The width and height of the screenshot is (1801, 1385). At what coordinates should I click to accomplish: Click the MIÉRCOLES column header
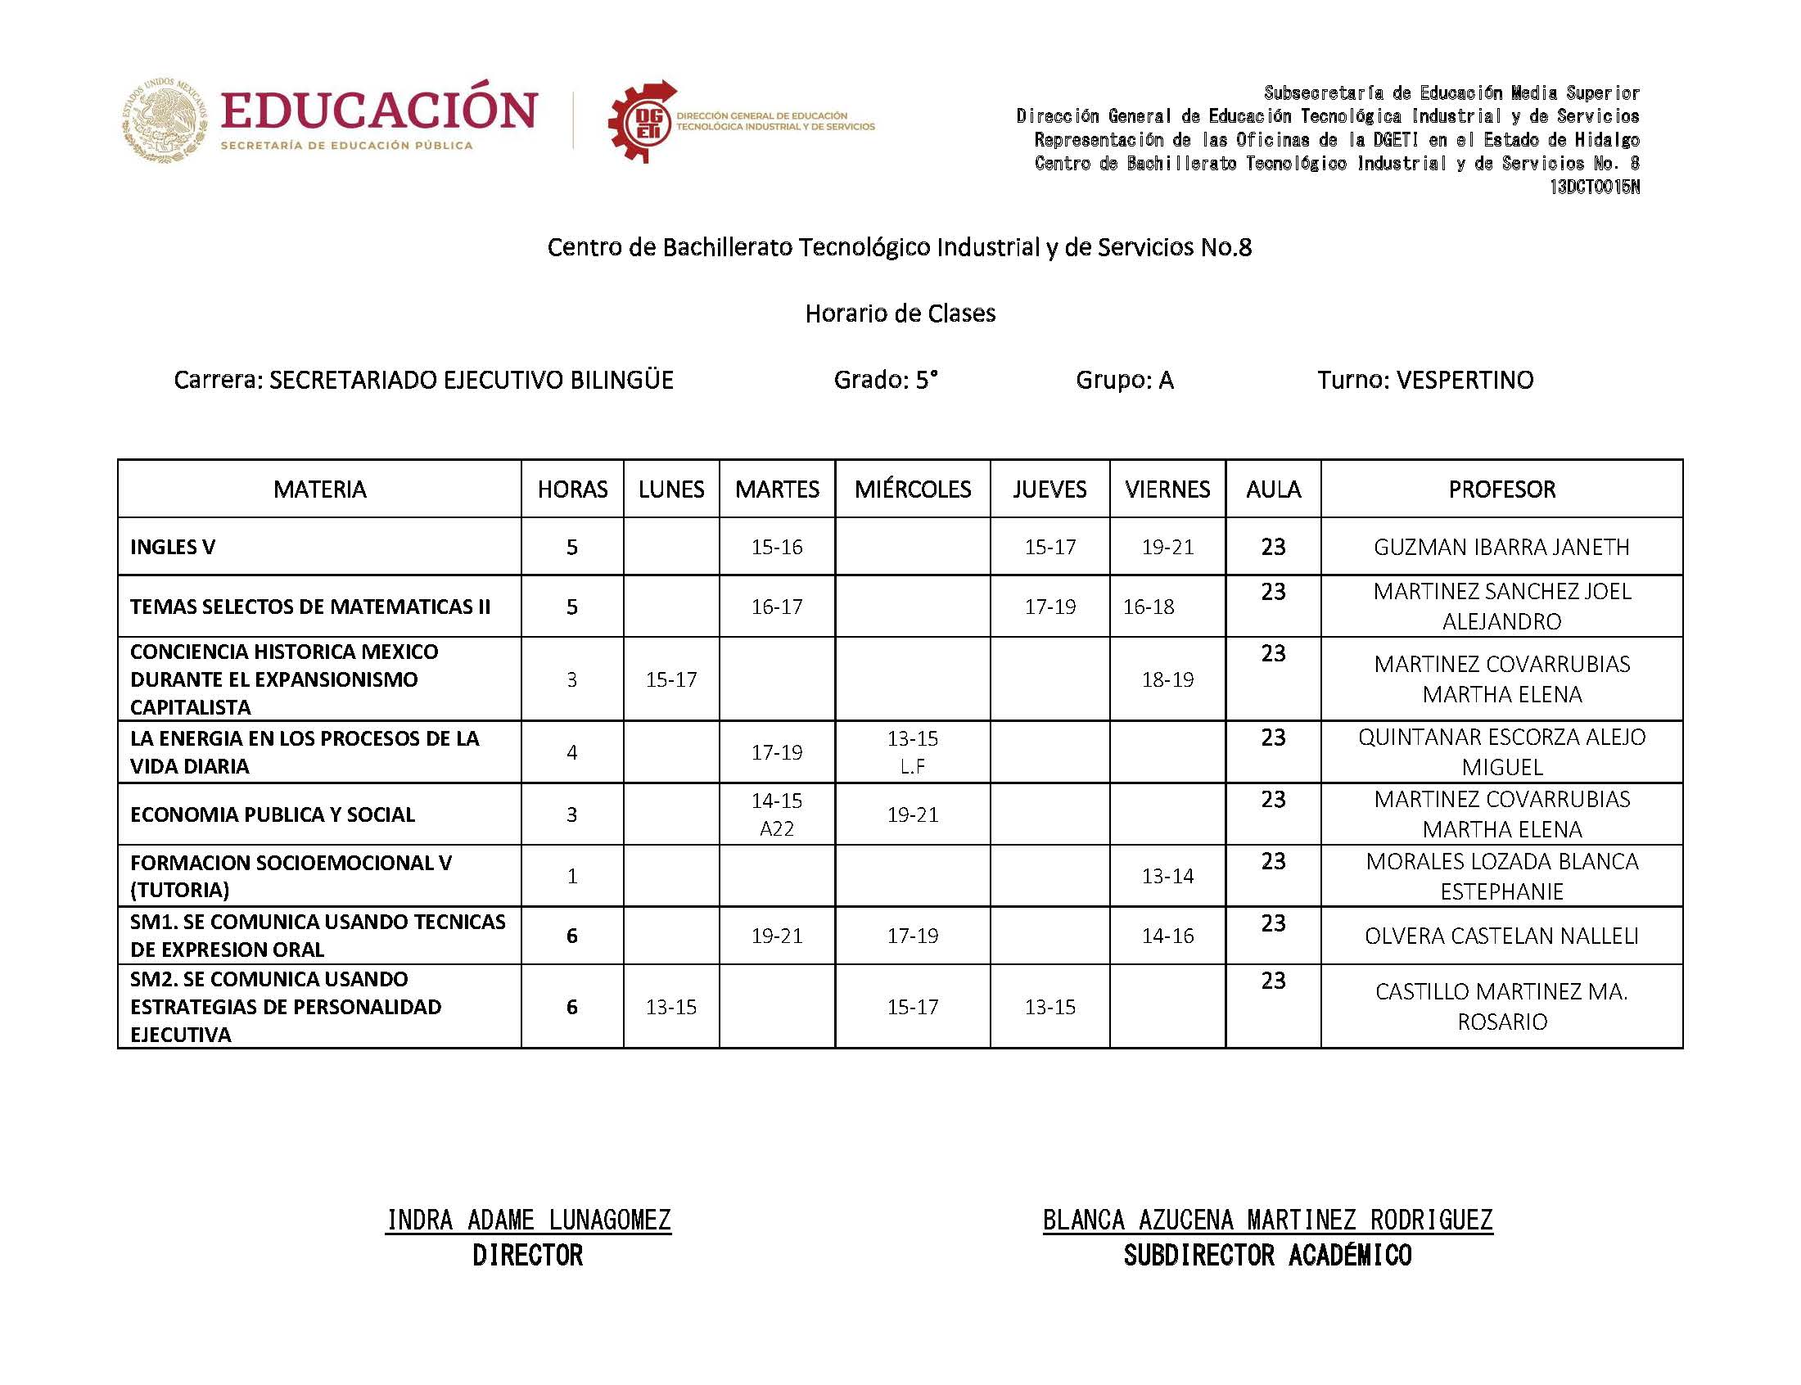(912, 489)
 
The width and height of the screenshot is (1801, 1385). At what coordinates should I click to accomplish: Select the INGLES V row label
(172, 547)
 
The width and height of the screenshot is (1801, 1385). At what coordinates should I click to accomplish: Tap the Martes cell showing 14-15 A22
(776, 814)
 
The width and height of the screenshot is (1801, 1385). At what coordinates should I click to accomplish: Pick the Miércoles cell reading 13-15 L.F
(912, 751)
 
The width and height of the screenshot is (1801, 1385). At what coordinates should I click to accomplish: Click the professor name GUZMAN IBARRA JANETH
(1501, 547)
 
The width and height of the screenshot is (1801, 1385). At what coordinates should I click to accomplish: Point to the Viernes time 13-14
(1167, 876)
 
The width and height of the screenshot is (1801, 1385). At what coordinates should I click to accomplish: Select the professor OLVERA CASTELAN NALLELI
(1501, 936)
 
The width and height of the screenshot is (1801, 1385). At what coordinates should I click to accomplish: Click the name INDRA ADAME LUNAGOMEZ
(528, 1220)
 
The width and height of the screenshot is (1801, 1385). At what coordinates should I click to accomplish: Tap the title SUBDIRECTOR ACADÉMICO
(1267, 1256)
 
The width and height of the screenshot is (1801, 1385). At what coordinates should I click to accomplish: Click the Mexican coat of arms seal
(165, 120)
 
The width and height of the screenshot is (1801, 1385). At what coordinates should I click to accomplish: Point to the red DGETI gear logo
(641, 122)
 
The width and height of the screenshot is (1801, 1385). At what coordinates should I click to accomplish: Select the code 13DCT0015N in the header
(1593, 187)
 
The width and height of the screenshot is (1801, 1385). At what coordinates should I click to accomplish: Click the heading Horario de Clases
(900, 314)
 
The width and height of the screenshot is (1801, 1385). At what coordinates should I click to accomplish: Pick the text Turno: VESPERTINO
(1424, 380)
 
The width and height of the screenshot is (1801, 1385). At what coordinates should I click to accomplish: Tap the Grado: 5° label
(885, 380)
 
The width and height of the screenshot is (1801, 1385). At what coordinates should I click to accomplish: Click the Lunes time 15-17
(671, 679)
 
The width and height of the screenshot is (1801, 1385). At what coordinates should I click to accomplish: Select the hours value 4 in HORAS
(572, 752)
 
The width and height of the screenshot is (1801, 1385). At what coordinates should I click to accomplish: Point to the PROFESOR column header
(1501, 489)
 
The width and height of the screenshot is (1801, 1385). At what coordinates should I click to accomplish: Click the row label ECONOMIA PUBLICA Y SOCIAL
(272, 814)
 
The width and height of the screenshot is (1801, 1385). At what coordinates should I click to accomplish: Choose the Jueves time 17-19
(1049, 607)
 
